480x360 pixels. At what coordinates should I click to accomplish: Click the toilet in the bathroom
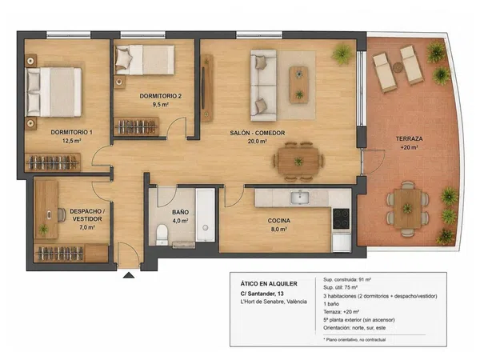(162, 234)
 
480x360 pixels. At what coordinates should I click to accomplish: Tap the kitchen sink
(300, 198)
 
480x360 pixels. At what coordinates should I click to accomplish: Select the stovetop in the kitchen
(341, 218)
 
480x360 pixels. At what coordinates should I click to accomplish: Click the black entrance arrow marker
(129, 275)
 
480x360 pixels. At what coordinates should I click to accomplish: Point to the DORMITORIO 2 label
(161, 96)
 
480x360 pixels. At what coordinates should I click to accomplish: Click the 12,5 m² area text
(72, 141)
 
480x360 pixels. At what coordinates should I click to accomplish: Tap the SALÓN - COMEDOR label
(258, 133)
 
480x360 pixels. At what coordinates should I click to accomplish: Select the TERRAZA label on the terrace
(410, 138)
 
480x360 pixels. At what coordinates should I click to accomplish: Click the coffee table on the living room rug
(298, 85)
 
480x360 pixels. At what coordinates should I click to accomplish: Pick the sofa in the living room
(263, 85)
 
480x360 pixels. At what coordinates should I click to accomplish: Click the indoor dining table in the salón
(298, 162)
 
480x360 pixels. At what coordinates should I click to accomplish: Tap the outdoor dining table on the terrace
(407, 208)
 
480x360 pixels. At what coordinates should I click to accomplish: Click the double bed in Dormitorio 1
(54, 92)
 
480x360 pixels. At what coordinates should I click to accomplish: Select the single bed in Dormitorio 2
(145, 60)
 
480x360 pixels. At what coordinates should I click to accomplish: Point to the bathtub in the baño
(205, 215)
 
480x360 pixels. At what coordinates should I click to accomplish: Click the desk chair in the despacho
(62, 214)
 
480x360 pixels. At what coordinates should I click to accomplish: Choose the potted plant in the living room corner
(342, 54)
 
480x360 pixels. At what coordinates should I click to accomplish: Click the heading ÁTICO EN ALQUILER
(269, 284)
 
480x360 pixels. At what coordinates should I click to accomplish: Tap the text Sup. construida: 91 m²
(347, 279)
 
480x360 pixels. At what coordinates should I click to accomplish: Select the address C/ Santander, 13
(262, 294)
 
